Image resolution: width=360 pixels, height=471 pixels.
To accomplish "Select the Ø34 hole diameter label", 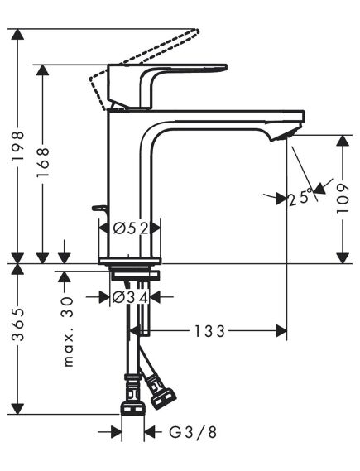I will coord(130,296).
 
